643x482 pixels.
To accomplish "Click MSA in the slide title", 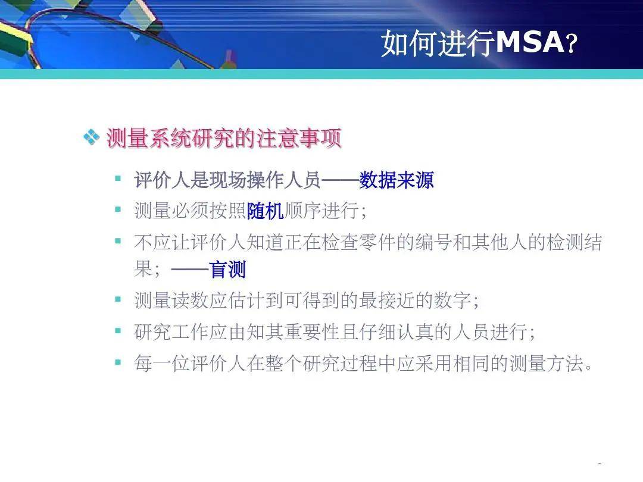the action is (530, 42).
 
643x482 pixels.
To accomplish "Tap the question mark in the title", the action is (572, 43).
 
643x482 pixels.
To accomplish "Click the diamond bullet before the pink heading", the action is (92, 137).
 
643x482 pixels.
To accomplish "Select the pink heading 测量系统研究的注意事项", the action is (224, 137).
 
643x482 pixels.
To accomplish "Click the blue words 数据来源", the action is (397, 180).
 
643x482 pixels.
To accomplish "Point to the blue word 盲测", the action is (227, 270).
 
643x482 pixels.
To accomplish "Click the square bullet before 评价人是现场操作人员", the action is (118, 179).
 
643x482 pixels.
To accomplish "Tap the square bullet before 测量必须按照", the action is (118, 209).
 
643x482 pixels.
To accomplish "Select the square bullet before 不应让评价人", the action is (118, 241).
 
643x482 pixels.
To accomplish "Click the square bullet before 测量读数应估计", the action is (118, 299).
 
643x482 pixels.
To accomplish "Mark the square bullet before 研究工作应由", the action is (118, 330).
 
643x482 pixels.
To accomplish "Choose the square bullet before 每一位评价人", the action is (118, 362).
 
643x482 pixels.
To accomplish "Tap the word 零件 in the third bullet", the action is (377, 242).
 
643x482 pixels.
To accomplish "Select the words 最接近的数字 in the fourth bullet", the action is (414, 301).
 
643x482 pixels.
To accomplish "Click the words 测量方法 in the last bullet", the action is (546, 363).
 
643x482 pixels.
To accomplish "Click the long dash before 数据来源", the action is (340, 180).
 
